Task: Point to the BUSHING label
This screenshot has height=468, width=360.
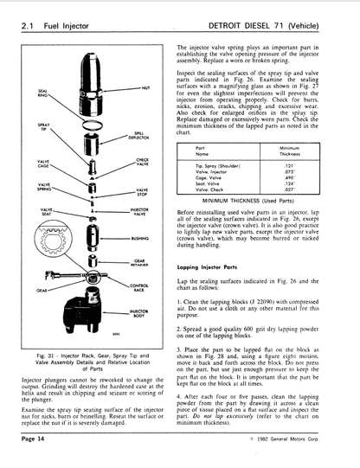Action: [139, 234]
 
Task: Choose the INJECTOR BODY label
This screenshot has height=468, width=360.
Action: [138, 311]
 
